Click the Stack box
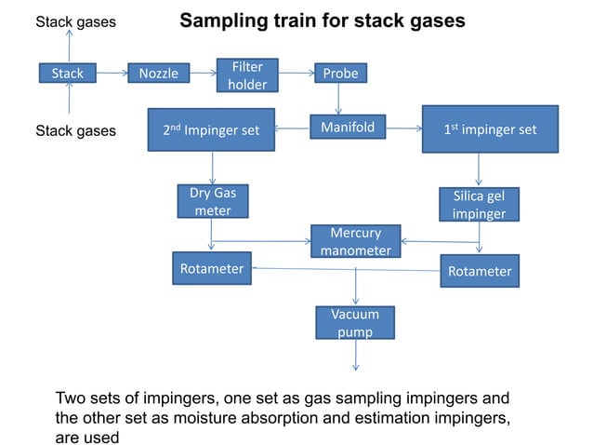coord(68,73)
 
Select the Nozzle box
coord(159,73)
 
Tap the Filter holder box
coord(246,75)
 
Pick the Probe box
coord(338,74)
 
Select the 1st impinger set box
coord(490,130)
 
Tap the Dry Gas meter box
coord(213,202)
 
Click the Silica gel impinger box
coord(479,205)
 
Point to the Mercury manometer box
coord(356,241)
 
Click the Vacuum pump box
coord(355,323)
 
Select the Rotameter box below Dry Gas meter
coord(211,269)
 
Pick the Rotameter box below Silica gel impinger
coord(480,271)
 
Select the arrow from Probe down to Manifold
coord(338,99)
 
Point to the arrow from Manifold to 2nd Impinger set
coord(292,128)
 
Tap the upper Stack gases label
coord(75,21)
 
